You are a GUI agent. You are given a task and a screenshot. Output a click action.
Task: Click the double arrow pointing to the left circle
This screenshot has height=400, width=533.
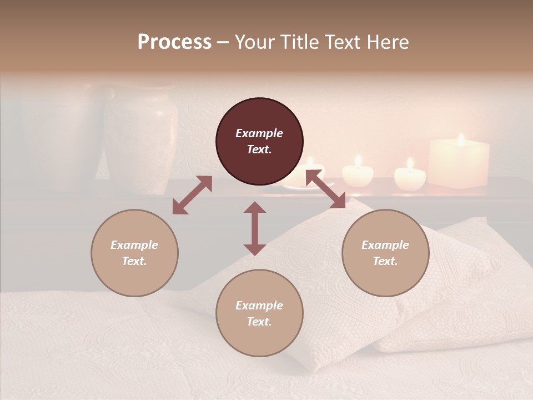192,195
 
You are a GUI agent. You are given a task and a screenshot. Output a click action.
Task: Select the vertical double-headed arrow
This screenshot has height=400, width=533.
255,228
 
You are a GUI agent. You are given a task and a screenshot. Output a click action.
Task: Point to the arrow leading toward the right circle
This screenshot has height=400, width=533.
326,189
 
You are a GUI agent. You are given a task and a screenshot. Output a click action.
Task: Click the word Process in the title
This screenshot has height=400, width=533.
174,42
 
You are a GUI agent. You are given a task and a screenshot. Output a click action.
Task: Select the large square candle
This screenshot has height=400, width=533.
459,163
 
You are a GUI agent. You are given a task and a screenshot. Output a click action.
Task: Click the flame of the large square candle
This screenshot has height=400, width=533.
460,139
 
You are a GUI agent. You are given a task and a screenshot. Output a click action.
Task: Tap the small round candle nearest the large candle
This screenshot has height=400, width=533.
410,177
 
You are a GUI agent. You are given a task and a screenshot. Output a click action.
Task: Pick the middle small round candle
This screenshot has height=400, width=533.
358,174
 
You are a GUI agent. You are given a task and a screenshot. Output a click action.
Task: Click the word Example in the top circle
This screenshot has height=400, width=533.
259,133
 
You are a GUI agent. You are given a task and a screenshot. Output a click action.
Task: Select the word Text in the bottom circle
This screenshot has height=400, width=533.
259,322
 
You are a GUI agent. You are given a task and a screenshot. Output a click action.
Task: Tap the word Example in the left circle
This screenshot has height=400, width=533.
134,245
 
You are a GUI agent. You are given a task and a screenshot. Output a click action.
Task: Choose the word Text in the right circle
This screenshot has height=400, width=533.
385,261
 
